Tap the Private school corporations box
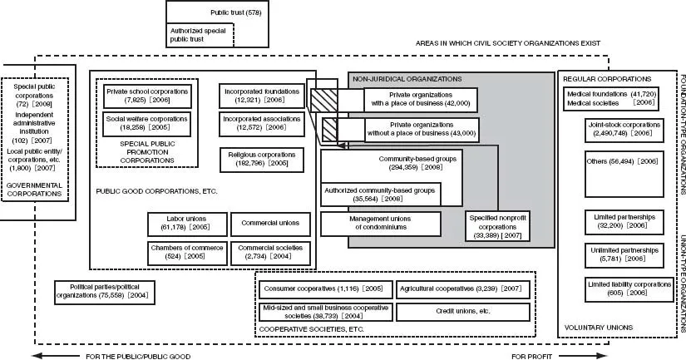[148, 94]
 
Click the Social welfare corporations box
[148, 123]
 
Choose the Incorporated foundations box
[260, 94]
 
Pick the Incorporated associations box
[260, 123]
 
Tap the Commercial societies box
[264, 251]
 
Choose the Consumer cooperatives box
[323, 288]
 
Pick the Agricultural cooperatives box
[461, 288]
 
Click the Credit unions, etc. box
[461, 312]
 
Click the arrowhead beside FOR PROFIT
[599, 354]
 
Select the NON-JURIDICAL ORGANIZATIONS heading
[407, 78]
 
